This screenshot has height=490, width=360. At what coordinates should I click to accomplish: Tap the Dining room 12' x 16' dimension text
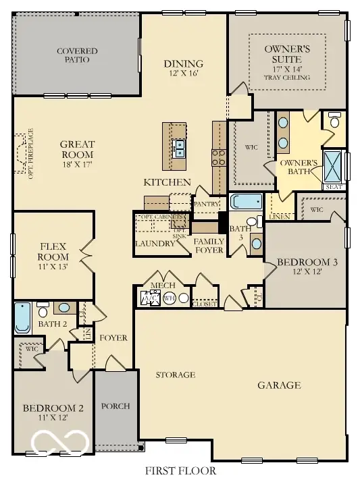pyautogui.click(x=183, y=74)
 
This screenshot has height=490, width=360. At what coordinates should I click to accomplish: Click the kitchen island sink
pyautogui.click(x=179, y=148)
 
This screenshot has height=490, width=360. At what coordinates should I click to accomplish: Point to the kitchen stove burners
pyautogui.click(x=220, y=157)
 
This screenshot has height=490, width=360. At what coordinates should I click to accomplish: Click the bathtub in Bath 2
pyautogui.click(x=22, y=319)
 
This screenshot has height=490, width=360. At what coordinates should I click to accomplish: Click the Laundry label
pyautogui.click(x=155, y=244)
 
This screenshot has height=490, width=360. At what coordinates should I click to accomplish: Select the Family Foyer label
pyautogui.click(x=209, y=246)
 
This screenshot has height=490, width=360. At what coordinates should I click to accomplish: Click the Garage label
pyautogui.click(x=279, y=385)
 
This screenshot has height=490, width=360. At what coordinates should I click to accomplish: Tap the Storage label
pyautogui.click(x=176, y=375)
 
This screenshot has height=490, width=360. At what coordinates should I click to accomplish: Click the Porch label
pyautogui.click(x=115, y=406)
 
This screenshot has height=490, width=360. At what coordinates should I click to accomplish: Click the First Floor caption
pyautogui.click(x=180, y=470)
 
